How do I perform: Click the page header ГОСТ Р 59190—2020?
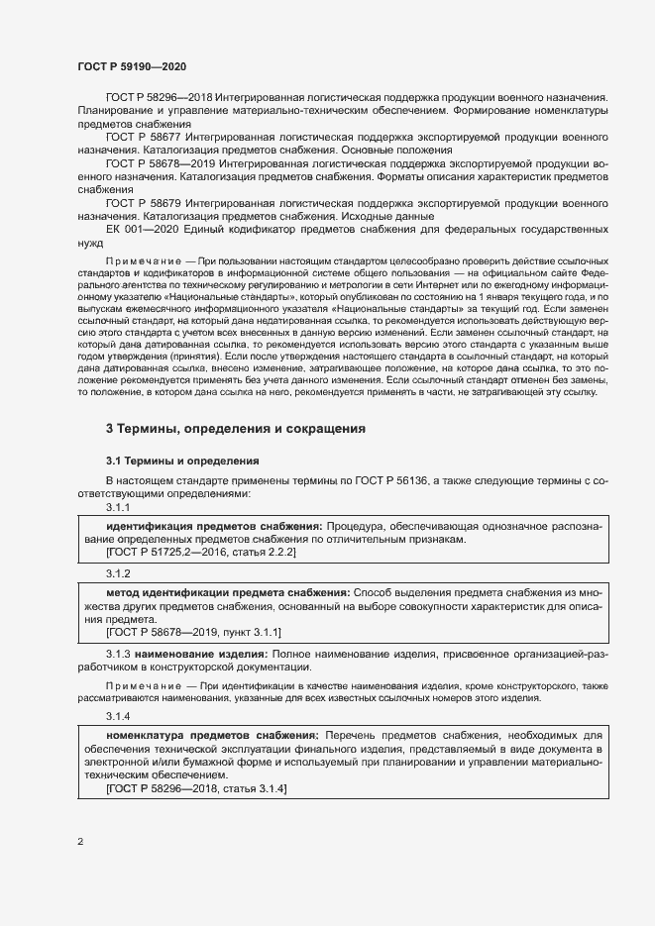click(x=131, y=66)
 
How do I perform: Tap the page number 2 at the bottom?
click(x=80, y=842)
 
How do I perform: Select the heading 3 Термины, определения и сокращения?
click(x=236, y=429)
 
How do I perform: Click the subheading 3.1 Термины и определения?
click(x=182, y=461)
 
